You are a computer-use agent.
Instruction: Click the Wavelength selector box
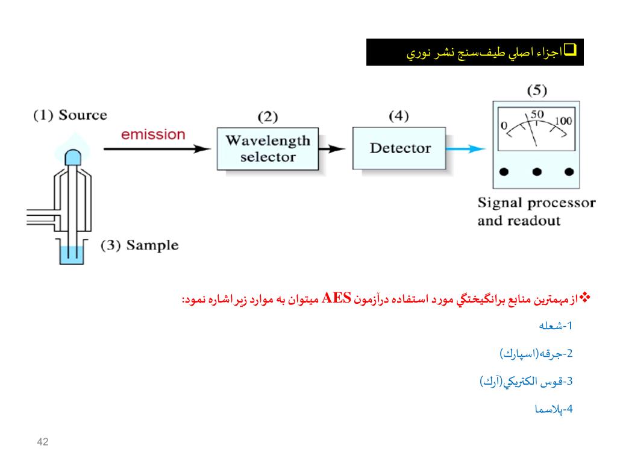(268, 149)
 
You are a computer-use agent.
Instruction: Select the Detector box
(399, 148)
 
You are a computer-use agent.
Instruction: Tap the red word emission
(153, 134)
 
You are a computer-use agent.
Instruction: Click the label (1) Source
(70, 115)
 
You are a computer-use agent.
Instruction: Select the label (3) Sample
(140, 245)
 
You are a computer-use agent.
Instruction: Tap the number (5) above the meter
(537, 91)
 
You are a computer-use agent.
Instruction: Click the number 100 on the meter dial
(563, 121)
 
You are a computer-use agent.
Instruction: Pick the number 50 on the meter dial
(537, 115)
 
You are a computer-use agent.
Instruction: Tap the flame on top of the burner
(73, 150)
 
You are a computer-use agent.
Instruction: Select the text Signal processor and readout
(536, 211)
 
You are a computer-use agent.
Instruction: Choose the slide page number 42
(42, 443)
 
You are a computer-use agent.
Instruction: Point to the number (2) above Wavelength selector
(268, 116)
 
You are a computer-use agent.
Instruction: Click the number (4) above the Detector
(399, 115)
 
